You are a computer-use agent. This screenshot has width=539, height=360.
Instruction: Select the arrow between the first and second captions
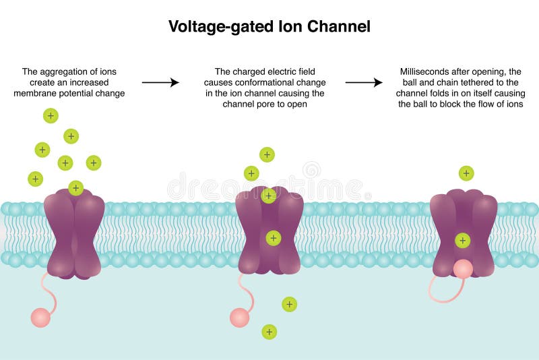click(160, 82)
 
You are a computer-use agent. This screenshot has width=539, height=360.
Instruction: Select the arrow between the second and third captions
click(364, 82)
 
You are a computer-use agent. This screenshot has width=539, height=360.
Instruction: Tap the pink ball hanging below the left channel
click(40, 317)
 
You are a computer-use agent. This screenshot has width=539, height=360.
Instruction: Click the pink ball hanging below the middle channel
click(239, 317)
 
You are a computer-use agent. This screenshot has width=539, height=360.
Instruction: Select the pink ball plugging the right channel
click(463, 269)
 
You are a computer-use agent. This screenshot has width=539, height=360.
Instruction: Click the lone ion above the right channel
click(466, 173)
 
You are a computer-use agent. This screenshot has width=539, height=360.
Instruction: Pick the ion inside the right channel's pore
click(462, 239)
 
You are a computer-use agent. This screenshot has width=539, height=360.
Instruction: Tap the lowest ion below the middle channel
click(269, 331)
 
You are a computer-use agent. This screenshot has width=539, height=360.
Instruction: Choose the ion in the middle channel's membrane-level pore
click(273, 237)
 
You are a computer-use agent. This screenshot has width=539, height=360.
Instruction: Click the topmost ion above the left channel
click(51, 115)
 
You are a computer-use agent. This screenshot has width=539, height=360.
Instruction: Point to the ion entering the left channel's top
click(75, 187)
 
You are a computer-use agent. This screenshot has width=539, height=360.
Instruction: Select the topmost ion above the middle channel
click(267, 154)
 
